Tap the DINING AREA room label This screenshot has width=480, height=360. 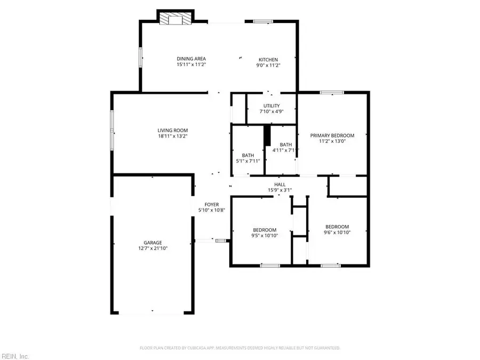[x=191, y=59]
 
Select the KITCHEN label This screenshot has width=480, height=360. [x=268, y=59]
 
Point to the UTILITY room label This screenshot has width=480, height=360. [x=271, y=106]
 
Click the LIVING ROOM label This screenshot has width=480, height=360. [x=172, y=130]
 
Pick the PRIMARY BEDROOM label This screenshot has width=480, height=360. [x=332, y=135]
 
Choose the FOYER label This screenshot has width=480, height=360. [x=212, y=204]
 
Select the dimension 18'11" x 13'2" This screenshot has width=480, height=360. [x=172, y=137]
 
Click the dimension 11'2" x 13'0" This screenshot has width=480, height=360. [x=332, y=142]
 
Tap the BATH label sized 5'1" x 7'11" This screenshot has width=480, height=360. [x=248, y=155]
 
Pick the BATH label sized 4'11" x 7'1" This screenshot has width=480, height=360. [x=286, y=145]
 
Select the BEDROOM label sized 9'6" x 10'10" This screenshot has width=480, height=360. [x=337, y=226]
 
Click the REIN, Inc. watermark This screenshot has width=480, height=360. [x=15, y=356]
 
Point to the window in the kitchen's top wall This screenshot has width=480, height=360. [x=262, y=21]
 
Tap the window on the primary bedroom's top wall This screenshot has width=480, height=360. [x=331, y=92]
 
